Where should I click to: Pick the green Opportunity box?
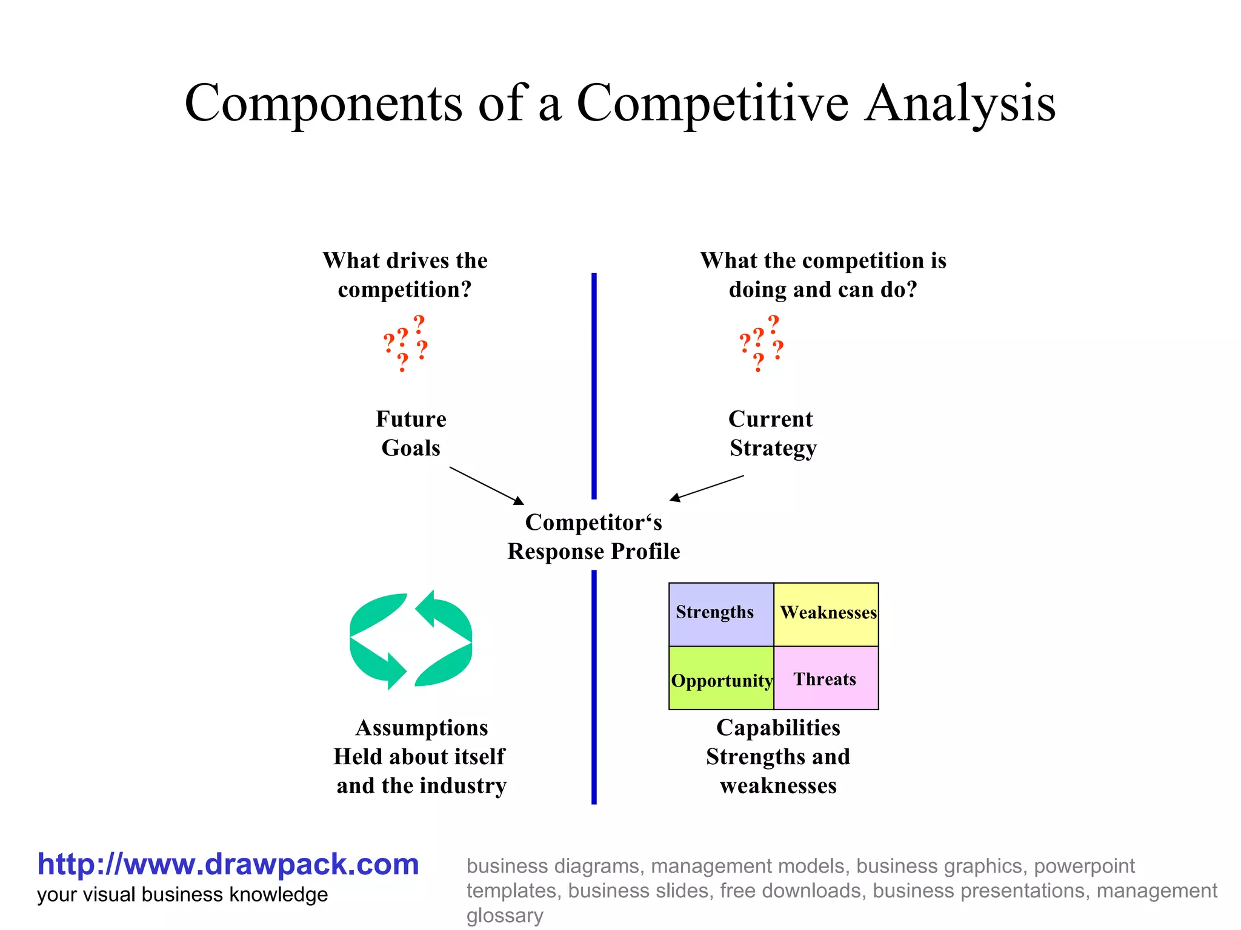[x=721, y=679]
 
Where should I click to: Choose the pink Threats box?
[x=826, y=679]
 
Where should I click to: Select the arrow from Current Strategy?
[x=707, y=488]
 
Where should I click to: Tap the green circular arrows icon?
[x=411, y=640]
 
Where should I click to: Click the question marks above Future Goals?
[x=405, y=343]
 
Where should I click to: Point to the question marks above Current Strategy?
[x=761, y=343]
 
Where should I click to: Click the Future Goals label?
[x=411, y=434]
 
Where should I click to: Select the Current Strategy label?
[x=772, y=434]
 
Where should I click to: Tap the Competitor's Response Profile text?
[x=593, y=536]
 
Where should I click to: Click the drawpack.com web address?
[x=228, y=864]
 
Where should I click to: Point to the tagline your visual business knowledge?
[x=182, y=895]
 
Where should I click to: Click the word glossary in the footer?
[x=504, y=915]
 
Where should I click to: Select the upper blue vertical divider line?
[x=594, y=386]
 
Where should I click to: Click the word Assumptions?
[x=422, y=728]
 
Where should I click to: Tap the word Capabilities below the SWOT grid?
[x=778, y=728]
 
